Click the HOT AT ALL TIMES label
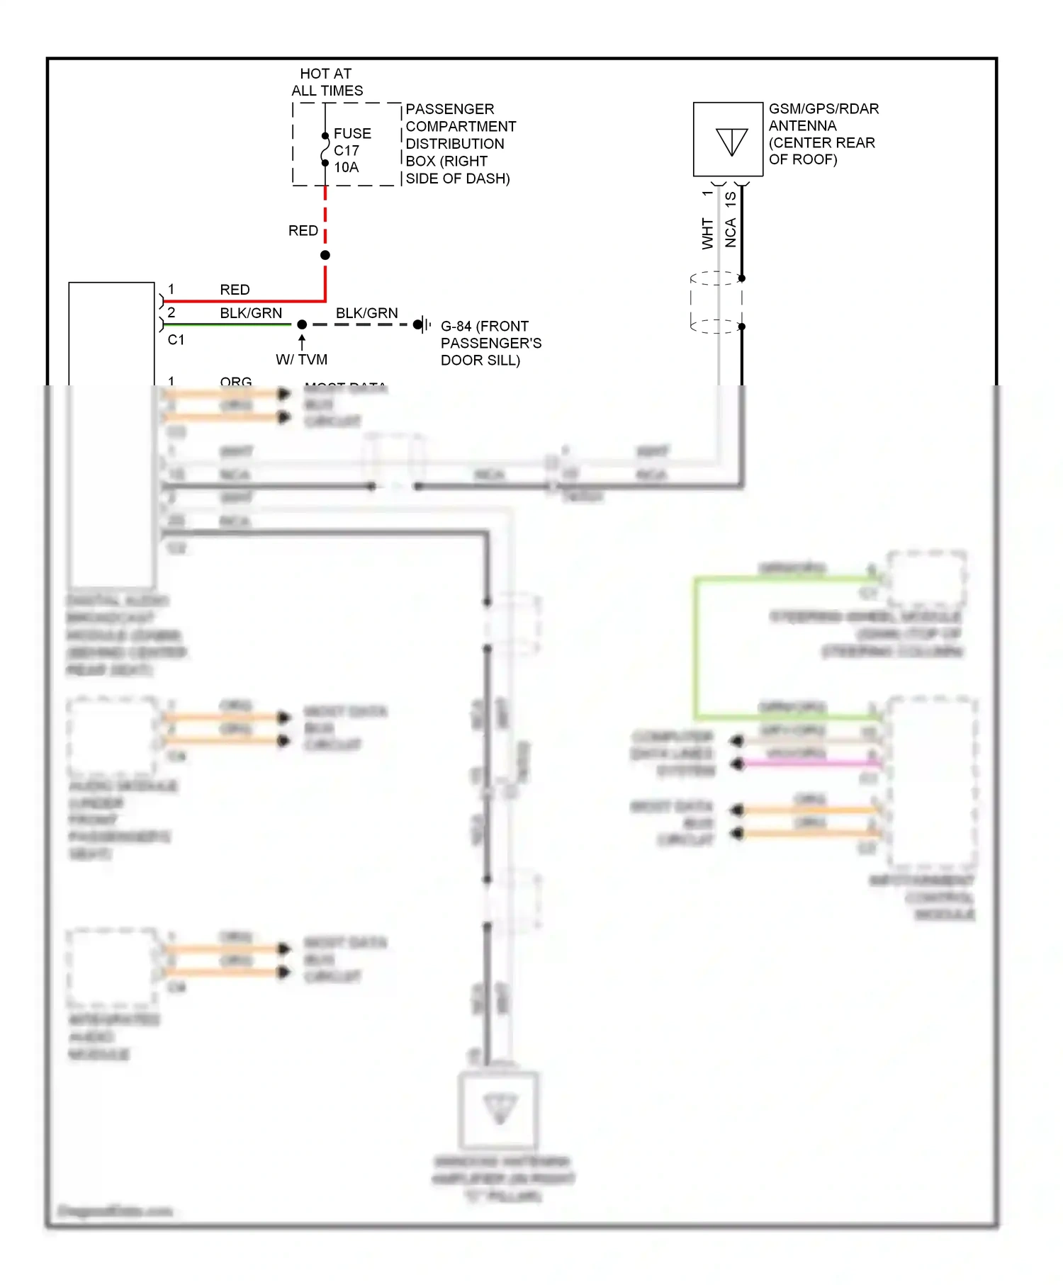pos(327,82)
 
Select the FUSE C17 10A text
pos(351,150)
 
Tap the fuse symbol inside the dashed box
pos(325,149)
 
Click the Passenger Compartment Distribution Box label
pos(459,144)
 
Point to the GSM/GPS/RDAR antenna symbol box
pos(728,140)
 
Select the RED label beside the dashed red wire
pos(303,231)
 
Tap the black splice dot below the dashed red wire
pos(325,255)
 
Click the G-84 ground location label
pos(490,343)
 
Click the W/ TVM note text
pos(302,360)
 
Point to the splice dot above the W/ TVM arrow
pos(302,324)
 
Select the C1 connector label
pos(176,340)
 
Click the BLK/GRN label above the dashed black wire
pos(366,313)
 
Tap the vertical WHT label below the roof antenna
pos(707,234)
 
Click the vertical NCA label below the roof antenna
pos(731,232)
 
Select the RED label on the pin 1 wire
pos(235,290)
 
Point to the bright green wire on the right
pos(696,645)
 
